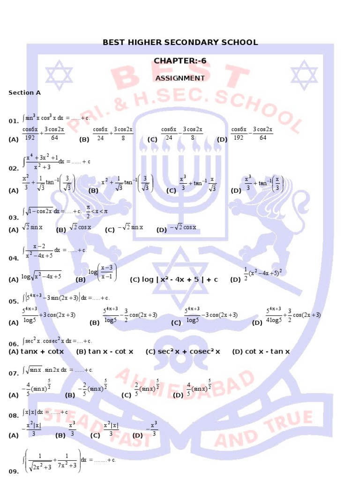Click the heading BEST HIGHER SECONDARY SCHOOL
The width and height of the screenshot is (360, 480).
[x=180, y=43]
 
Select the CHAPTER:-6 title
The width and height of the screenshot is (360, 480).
[x=180, y=61]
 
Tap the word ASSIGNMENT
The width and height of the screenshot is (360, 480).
[x=180, y=78]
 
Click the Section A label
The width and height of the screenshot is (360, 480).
[x=25, y=93]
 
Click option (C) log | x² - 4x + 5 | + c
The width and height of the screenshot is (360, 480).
[x=174, y=280]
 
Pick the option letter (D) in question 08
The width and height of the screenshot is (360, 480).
[x=138, y=435]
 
